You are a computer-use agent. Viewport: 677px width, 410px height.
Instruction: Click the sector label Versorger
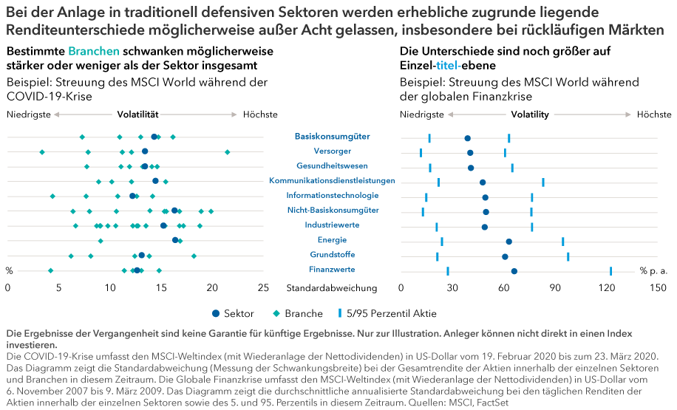click(x=333, y=151)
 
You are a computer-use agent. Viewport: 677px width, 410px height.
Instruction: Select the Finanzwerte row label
click(x=332, y=269)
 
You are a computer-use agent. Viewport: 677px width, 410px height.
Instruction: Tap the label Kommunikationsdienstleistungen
click(x=332, y=180)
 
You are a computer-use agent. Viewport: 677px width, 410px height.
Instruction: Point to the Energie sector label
click(x=332, y=239)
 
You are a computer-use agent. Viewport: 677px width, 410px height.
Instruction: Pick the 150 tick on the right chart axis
click(x=658, y=287)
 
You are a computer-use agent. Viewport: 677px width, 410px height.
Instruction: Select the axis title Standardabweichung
click(x=331, y=287)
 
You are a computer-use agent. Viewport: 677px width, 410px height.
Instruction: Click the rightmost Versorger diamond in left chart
click(x=228, y=152)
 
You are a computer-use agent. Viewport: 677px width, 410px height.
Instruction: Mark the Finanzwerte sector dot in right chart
click(x=514, y=271)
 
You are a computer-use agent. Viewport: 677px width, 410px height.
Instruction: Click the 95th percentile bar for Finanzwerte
click(x=611, y=271)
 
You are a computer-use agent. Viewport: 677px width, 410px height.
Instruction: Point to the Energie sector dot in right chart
click(x=509, y=242)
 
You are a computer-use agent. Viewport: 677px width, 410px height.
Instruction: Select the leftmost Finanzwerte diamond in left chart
click(x=50, y=270)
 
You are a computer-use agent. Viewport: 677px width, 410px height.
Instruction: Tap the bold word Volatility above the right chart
click(x=530, y=115)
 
